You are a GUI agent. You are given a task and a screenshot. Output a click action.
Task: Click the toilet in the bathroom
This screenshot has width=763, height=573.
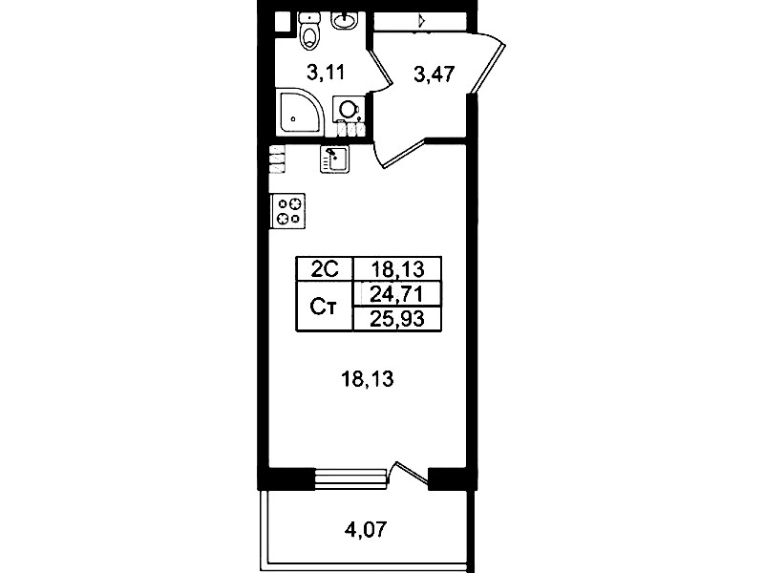point(309,32)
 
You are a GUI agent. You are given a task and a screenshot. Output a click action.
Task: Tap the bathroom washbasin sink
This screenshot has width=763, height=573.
point(344,20)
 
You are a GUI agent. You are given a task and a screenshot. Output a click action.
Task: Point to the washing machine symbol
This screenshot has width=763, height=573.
point(349,110)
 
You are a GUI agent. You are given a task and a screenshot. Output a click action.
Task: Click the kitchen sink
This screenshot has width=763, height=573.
point(334,159)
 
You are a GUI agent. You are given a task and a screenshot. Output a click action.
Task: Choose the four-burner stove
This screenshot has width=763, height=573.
point(288,210)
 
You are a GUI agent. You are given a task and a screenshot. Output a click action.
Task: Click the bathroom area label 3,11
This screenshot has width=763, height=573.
point(326,73)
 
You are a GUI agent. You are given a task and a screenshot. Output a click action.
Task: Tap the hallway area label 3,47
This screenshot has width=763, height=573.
point(434,74)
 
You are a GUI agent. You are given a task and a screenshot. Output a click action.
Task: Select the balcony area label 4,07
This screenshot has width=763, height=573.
point(366,529)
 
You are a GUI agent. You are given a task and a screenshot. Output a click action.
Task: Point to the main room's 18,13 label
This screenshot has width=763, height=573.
point(368,378)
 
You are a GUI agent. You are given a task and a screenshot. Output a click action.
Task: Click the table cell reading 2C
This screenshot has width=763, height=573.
point(325,268)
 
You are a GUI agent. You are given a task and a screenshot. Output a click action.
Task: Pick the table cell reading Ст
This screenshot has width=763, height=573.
point(325,307)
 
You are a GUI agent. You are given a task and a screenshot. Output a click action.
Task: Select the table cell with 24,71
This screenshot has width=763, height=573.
point(397,293)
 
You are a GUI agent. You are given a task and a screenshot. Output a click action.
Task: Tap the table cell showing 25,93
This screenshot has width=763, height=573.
point(397,319)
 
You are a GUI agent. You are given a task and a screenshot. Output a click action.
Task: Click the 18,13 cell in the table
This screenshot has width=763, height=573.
point(397,268)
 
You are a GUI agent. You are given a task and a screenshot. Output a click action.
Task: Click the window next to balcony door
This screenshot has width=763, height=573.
point(351,478)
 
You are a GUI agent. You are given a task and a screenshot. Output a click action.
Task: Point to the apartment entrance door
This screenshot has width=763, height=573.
point(487,62)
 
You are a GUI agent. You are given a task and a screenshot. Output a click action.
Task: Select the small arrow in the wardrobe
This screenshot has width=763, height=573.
point(421,20)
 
